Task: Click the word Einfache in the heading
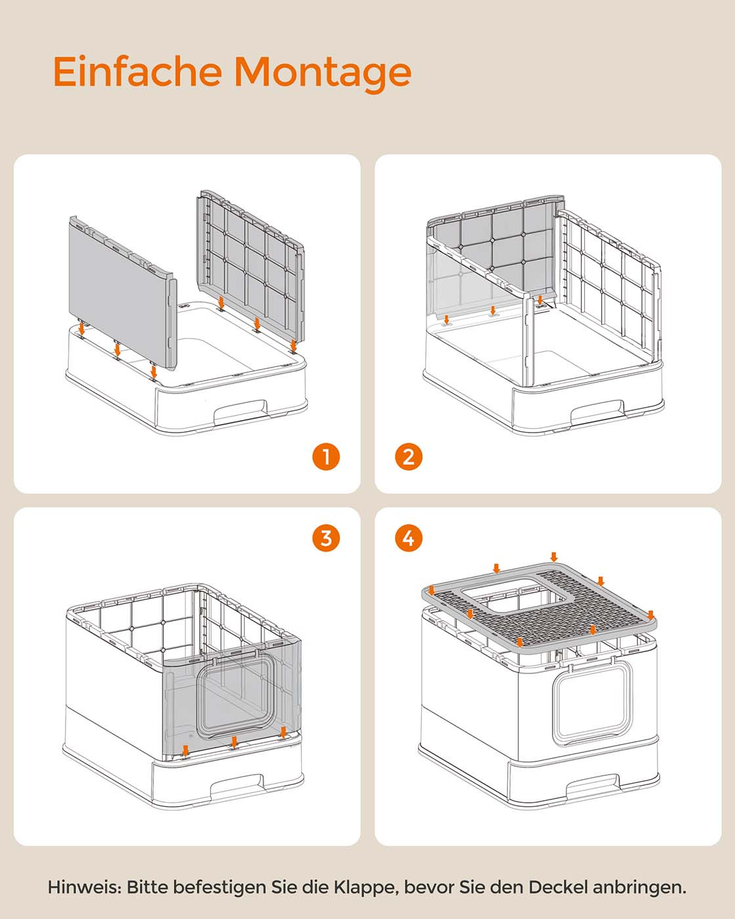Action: (138, 71)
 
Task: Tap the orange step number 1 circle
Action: (326, 457)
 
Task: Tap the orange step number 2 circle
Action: (408, 457)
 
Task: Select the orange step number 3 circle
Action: (326, 538)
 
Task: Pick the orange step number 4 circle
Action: (408, 538)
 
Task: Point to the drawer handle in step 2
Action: (597, 410)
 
